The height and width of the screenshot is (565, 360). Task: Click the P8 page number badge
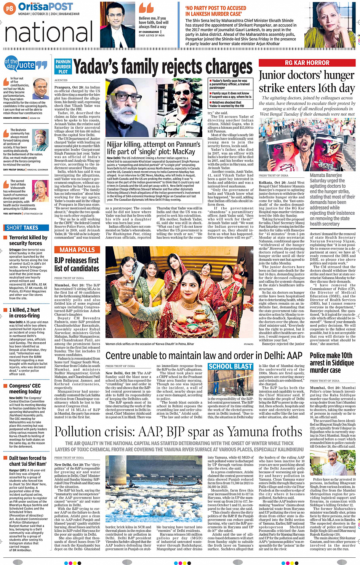point(10,8)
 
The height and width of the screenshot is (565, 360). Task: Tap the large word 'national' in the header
point(48,32)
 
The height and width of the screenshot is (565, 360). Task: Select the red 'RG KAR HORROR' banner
point(307,63)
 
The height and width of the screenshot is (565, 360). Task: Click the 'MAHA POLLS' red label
point(77,250)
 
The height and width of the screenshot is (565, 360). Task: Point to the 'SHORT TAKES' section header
point(22,228)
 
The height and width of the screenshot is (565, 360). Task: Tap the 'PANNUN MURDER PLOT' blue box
point(63,67)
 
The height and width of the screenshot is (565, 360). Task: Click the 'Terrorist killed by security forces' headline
point(28,240)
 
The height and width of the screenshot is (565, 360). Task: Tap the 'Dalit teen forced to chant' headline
point(27,461)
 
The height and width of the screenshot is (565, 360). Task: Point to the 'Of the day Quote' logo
point(26,64)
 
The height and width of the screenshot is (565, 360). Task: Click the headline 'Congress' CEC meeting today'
point(25,388)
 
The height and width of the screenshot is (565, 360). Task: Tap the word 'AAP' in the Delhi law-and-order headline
point(293,356)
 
